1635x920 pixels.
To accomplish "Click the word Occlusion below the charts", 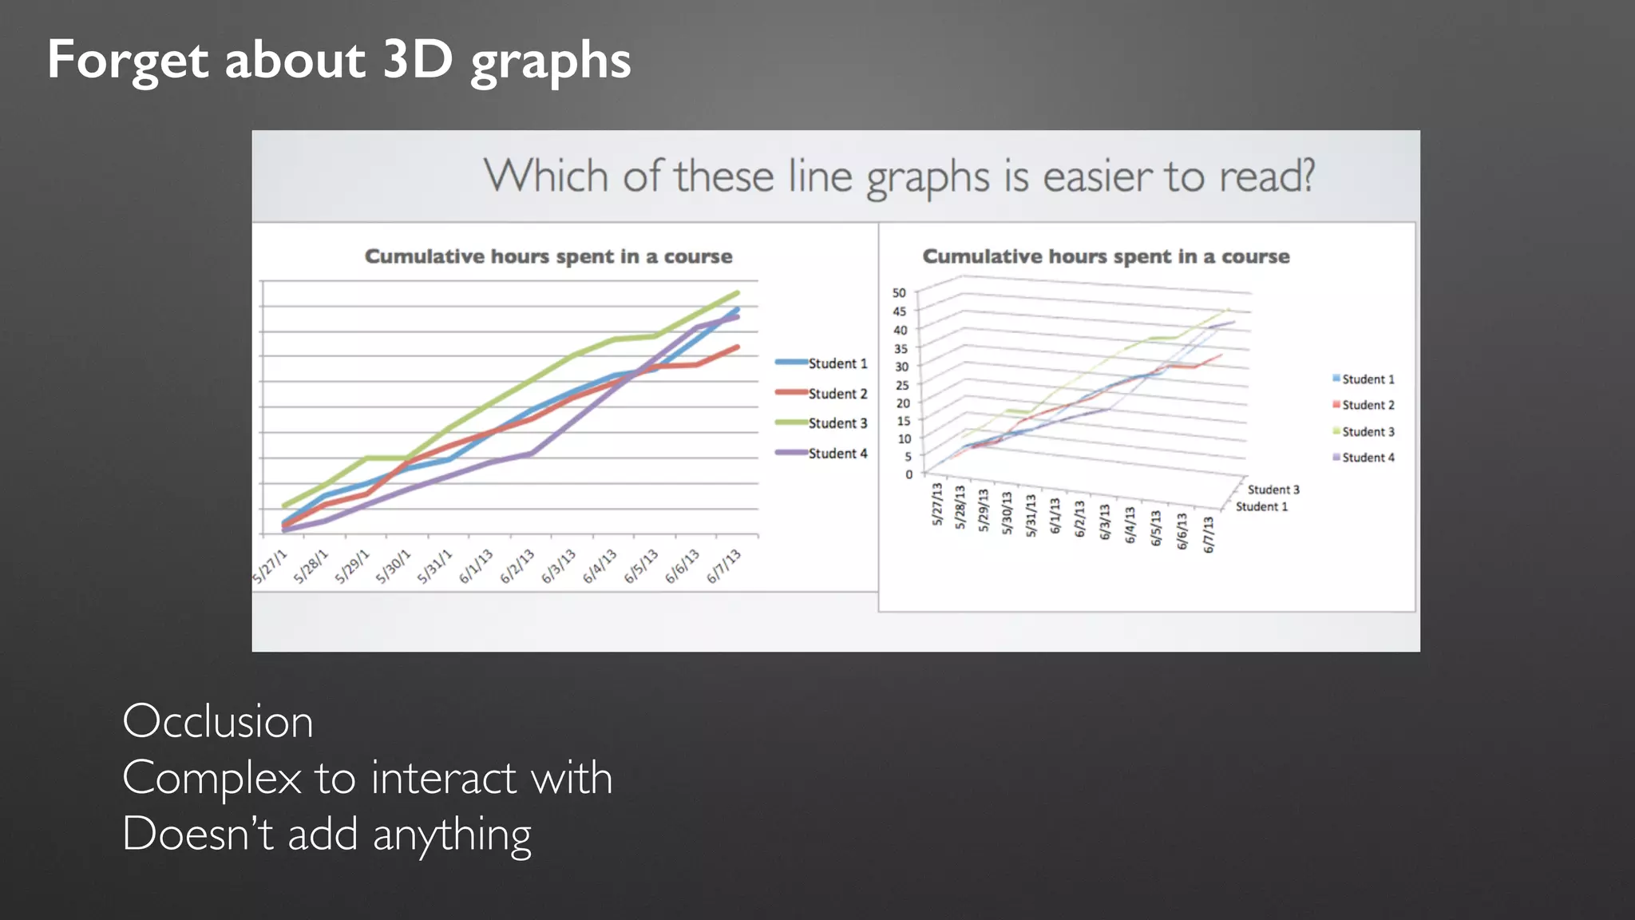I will [x=217, y=721].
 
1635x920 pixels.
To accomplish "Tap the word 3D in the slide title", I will [x=417, y=59].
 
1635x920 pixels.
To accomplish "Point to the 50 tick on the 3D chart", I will [x=899, y=293].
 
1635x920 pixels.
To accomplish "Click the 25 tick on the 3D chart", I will [x=901, y=385].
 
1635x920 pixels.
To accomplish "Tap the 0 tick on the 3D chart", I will [x=909, y=474].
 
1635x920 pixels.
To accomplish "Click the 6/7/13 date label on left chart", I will [x=724, y=566].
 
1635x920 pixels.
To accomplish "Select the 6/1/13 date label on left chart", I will [x=477, y=566].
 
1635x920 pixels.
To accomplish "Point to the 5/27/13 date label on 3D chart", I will [x=937, y=504].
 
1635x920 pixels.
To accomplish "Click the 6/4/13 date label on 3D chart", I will [x=1130, y=525].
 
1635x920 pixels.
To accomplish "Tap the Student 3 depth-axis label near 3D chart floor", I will [x=1273, y=490].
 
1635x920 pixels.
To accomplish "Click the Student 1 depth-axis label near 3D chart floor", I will [x=1261, y=506].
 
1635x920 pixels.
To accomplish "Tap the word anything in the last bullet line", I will [x=452, y=835].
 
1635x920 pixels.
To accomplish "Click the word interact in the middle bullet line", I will [x=444, y=778].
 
